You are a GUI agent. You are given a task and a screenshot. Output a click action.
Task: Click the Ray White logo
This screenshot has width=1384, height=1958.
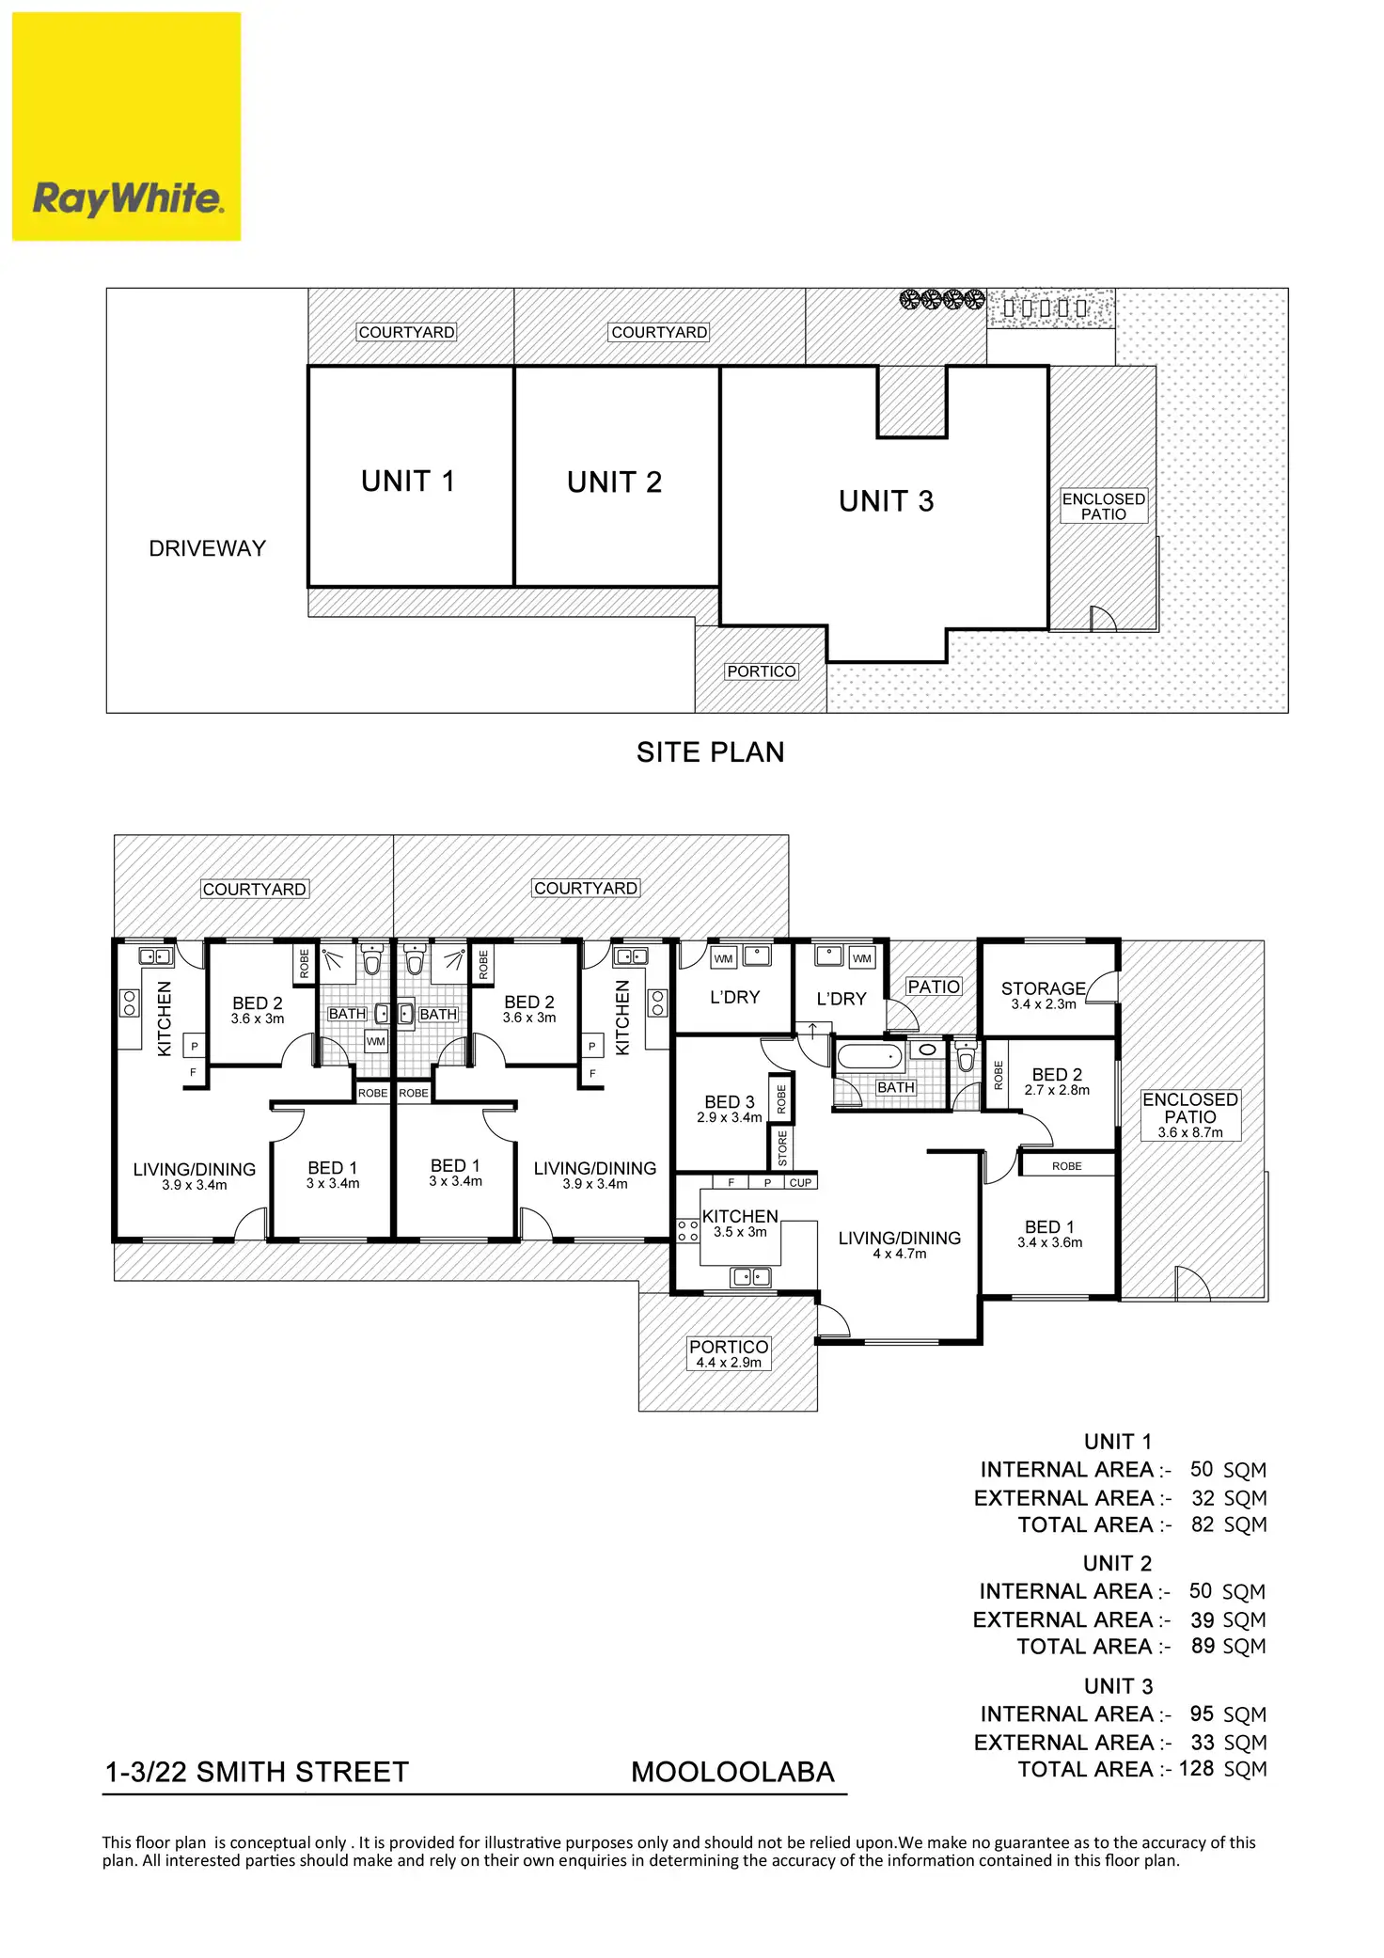coord(127,127)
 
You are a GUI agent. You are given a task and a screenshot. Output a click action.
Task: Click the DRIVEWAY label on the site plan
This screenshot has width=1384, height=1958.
coord(207,548)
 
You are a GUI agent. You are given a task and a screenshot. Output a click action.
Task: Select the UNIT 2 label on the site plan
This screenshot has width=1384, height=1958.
coord(614,482)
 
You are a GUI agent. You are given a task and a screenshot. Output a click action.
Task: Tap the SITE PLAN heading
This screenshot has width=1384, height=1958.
coord(710,752)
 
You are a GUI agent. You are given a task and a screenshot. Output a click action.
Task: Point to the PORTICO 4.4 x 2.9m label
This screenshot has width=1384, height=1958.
coord(729,1353)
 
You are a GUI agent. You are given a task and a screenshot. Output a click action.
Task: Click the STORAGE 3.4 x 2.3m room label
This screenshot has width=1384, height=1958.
coord(1043,995)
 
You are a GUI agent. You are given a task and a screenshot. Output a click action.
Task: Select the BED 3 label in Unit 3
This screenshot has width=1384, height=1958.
coord(730,1108)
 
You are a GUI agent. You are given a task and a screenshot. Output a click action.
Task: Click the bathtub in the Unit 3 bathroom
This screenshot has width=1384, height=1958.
coord(870,1057)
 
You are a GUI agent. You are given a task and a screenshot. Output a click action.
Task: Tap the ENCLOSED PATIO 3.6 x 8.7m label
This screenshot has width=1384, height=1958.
coord(1190,1114)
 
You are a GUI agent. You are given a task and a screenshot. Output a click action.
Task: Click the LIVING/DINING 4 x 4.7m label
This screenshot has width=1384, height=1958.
coord(899,1244)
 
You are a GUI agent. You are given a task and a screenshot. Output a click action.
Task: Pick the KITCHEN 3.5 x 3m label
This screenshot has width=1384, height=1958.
coord(740,1223)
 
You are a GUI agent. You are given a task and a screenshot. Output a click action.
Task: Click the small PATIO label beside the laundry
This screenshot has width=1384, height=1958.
coord(934,987)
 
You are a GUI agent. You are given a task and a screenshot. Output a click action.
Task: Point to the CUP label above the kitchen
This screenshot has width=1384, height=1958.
coord(800,1183)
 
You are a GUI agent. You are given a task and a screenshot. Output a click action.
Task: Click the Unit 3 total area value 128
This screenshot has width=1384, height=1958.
coord(1196,1768)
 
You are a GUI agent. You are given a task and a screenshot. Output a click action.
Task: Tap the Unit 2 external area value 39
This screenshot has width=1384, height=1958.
coord(1202,1619)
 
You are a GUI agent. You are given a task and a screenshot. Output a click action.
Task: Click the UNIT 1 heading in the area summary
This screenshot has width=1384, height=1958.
coord(1117,1442)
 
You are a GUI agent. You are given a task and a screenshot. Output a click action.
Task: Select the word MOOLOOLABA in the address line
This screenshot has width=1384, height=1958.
coord(732,1772)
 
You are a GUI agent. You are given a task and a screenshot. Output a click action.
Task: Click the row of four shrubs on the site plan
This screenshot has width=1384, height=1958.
coord(942,300)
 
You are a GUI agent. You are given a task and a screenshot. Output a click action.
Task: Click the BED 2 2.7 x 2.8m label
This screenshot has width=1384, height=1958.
coord(1057,1081)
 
